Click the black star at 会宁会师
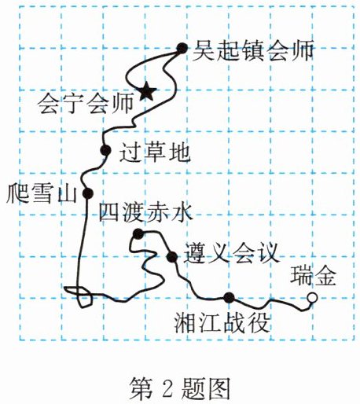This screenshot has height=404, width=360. pos(148,91)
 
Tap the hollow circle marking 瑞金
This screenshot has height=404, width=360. pos(312,298)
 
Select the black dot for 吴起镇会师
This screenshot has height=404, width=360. pos(182,48)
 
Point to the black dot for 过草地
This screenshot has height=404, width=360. pos(105,150)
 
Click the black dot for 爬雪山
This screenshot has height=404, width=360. pos(88,193)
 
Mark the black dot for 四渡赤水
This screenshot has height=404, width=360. pos(138,233)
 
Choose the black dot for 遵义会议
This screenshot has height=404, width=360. pos(172,257)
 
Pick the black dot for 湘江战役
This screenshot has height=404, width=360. pos(229,298)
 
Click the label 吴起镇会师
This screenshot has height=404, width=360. pos(253,50)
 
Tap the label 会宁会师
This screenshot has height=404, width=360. pos(85,104)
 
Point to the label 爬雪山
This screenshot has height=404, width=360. pos(42,193)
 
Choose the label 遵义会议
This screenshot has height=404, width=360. pos(231,253)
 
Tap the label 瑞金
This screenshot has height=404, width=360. pos(313,276)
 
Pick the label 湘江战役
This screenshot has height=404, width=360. pos(222,323)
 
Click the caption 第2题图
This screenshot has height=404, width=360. pos(180,387)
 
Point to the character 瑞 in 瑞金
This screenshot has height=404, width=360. pos(301,276)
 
